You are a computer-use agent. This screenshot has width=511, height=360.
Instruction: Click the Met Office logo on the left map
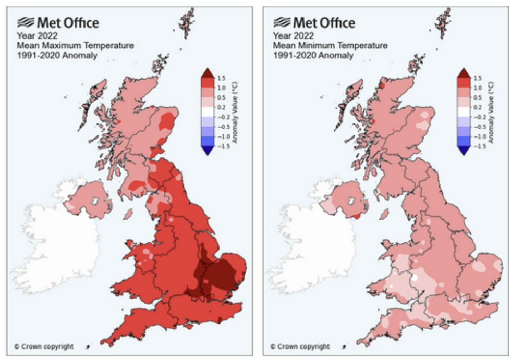pos(57,22)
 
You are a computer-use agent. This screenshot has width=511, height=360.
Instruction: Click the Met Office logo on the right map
pos(314,22)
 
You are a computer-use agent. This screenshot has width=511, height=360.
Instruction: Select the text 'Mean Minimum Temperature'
pos(331,46)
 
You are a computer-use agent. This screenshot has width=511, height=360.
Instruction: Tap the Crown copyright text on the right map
pos(300,346)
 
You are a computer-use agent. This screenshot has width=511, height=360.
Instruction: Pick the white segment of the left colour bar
pos(207,111)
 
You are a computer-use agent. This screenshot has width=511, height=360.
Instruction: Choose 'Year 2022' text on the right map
pos(293,36)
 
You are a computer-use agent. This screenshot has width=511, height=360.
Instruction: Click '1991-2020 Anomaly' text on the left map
pos(55,56)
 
